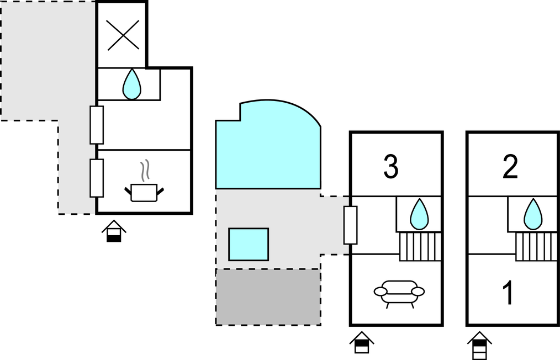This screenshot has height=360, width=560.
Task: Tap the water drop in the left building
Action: tap(131, 84)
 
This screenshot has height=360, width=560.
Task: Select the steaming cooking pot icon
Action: tap(144, 184)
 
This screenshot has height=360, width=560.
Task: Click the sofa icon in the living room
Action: tap(399, 292)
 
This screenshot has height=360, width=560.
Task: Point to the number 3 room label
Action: tap(391, 167)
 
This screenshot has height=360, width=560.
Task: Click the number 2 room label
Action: tap(510, 167)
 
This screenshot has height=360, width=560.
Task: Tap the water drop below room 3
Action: tap(419, 214)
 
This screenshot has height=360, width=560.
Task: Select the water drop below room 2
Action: tap(533, 214)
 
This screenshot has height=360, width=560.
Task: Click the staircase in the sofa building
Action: tap(420, 246)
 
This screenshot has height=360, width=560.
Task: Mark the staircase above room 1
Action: tap(536, 246)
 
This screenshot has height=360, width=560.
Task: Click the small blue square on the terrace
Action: tap(249, 244)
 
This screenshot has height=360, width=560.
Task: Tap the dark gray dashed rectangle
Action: tap(268, 297)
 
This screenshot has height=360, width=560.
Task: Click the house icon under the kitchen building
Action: tap(114, 231)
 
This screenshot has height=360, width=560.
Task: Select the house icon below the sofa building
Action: tap(362, 343)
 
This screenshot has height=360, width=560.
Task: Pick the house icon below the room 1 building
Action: tap(479, 345)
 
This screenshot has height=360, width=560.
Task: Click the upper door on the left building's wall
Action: tap(97, 125)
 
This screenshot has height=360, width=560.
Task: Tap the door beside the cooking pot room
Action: tap(97, 178)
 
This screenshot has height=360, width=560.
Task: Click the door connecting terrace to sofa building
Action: tap(350, 225)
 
